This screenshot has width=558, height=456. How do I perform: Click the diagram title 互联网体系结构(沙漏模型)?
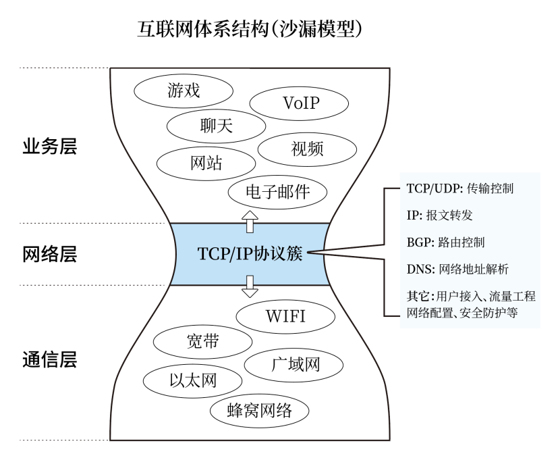coord(250,29)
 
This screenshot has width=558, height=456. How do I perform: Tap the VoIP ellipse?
coord(300,104)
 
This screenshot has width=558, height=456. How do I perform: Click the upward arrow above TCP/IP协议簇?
coord(250,221)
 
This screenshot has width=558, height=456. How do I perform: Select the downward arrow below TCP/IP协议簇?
coord(250,286)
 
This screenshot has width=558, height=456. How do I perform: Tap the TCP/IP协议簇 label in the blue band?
coord(250,254)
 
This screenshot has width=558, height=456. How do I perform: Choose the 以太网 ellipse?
coord(193,379)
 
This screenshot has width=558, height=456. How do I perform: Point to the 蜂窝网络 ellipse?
coord(259,409)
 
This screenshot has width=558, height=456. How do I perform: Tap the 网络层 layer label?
coord(50,254)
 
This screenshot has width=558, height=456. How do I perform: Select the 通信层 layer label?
coord(50,359)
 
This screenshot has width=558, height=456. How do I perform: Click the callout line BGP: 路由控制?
coord(446,241)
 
